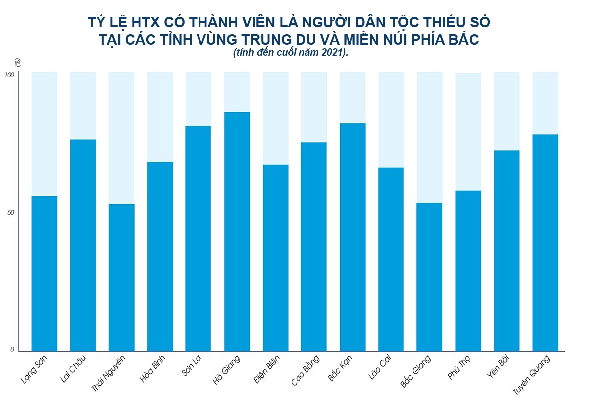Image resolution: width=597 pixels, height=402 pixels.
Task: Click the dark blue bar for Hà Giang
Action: pos(237,232)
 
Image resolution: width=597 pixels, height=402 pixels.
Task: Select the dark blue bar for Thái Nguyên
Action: pos(121,277)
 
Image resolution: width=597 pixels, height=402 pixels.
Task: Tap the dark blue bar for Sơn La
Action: pos(198,239)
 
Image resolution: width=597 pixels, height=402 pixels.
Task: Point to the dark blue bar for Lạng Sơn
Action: pos(44,273)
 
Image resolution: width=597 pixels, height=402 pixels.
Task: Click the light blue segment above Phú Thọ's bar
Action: pos(468,132)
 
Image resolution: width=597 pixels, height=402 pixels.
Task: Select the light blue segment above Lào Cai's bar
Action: pos(391,120)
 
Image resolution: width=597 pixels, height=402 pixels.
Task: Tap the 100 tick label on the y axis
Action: pos(9,75)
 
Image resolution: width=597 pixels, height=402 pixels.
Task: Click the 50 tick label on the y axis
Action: pos(11,213)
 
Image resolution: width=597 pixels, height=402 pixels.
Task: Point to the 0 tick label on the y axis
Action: pos(12,349)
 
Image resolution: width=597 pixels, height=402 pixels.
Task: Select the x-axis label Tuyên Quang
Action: pos(537,373)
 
